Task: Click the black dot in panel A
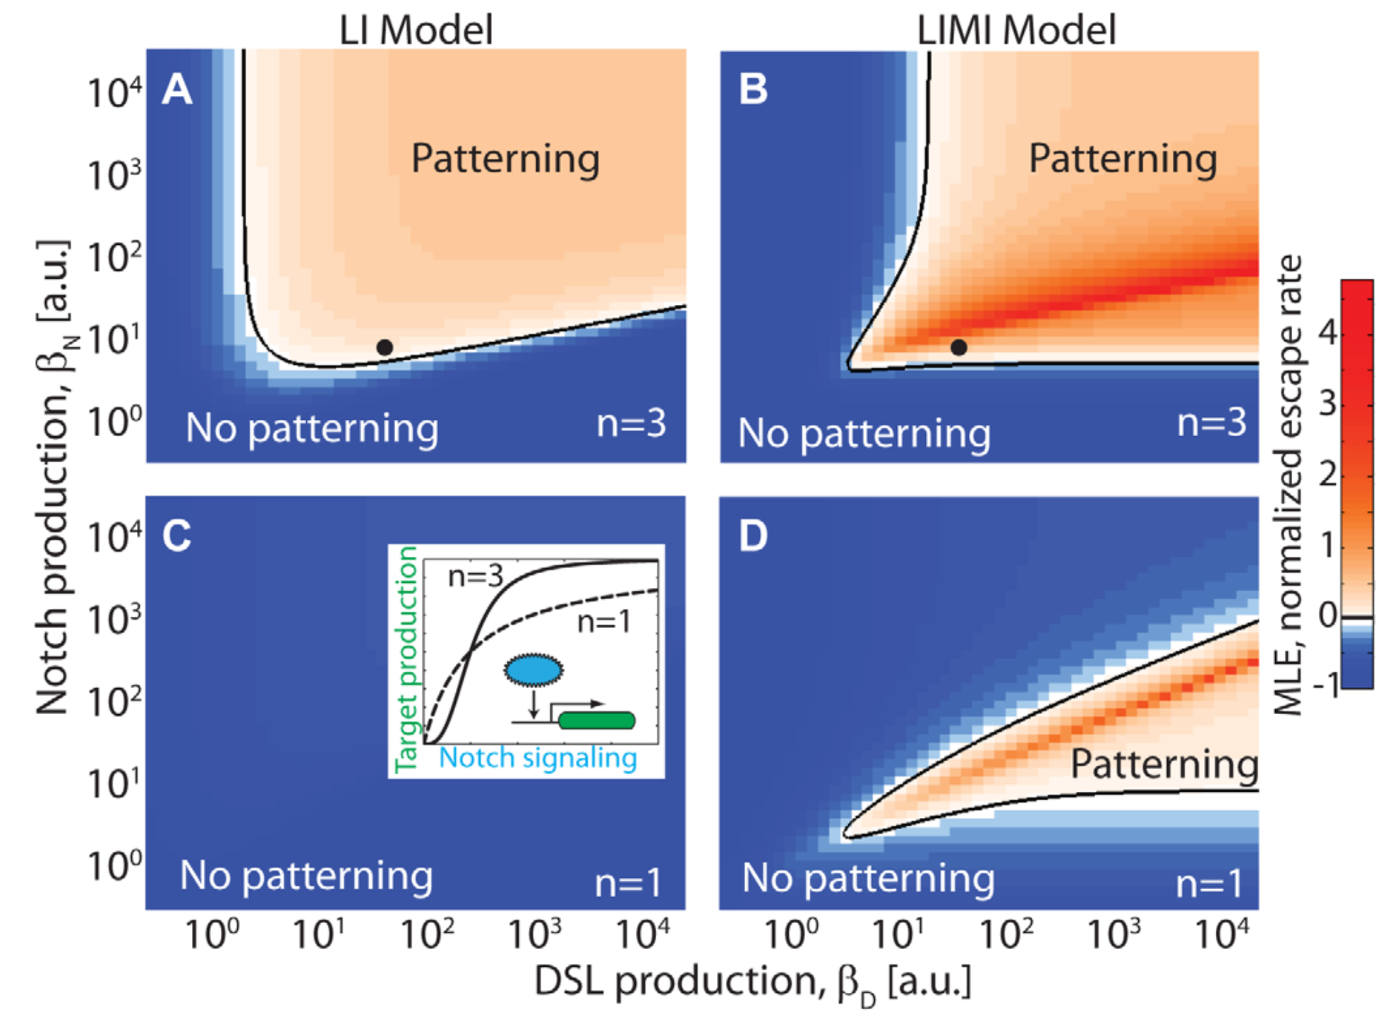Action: coord(385,347)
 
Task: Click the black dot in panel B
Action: coord(958,347)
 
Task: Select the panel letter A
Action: coord(177,90)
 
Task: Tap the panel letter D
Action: coord(753,536)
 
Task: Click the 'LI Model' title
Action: coord(416,30)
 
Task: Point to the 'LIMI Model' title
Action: coord(1016,30)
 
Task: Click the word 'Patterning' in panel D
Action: coord(1164,764)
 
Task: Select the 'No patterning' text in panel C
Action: coord(306,876)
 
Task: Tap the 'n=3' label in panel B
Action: coord(1212,423)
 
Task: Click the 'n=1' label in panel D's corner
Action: coord(1209,884)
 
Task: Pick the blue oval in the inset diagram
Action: coord(533,670)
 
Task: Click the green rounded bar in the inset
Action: coord(597,720)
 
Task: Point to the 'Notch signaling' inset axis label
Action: coord(538,758)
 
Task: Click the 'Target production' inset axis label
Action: coord(407,659)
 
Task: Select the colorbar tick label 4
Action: coord(1327,332)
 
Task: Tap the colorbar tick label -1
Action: coord(1324,684)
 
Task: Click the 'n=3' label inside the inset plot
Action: coord(476,577)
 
